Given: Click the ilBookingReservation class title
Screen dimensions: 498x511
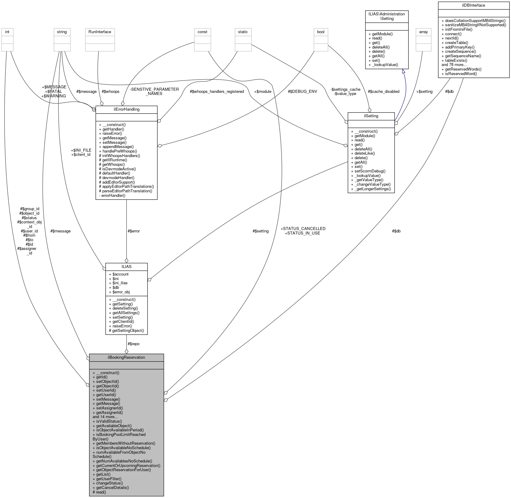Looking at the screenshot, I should [x=126, y=357].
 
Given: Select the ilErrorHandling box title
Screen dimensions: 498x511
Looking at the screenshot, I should [x=126, y=109].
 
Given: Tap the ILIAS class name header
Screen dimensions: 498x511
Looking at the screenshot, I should [x=126, y=266].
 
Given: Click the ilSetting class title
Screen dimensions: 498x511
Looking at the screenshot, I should [x=371, y=116].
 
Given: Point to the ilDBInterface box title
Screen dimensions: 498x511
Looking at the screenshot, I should [x=473, y=5].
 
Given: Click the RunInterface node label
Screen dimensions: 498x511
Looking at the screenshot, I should [x=100, y=32].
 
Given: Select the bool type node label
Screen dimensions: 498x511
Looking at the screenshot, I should [x=321, y=32].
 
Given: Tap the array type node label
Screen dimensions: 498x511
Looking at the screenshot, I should [x=423, y=32].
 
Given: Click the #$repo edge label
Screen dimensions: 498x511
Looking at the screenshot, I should [x=133, y=344].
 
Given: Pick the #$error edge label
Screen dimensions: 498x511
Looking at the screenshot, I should [x=134, y=231].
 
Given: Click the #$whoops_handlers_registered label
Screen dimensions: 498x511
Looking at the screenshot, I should [x=217, y=91].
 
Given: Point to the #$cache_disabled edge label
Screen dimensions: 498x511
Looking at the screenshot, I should [x=383, y=91].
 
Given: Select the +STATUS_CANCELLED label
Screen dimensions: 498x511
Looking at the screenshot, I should [x=303, y=229].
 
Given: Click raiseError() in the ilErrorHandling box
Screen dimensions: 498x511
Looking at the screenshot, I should [x=112, y=133].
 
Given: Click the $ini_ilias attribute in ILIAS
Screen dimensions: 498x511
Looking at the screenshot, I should [x=120, y=283].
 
